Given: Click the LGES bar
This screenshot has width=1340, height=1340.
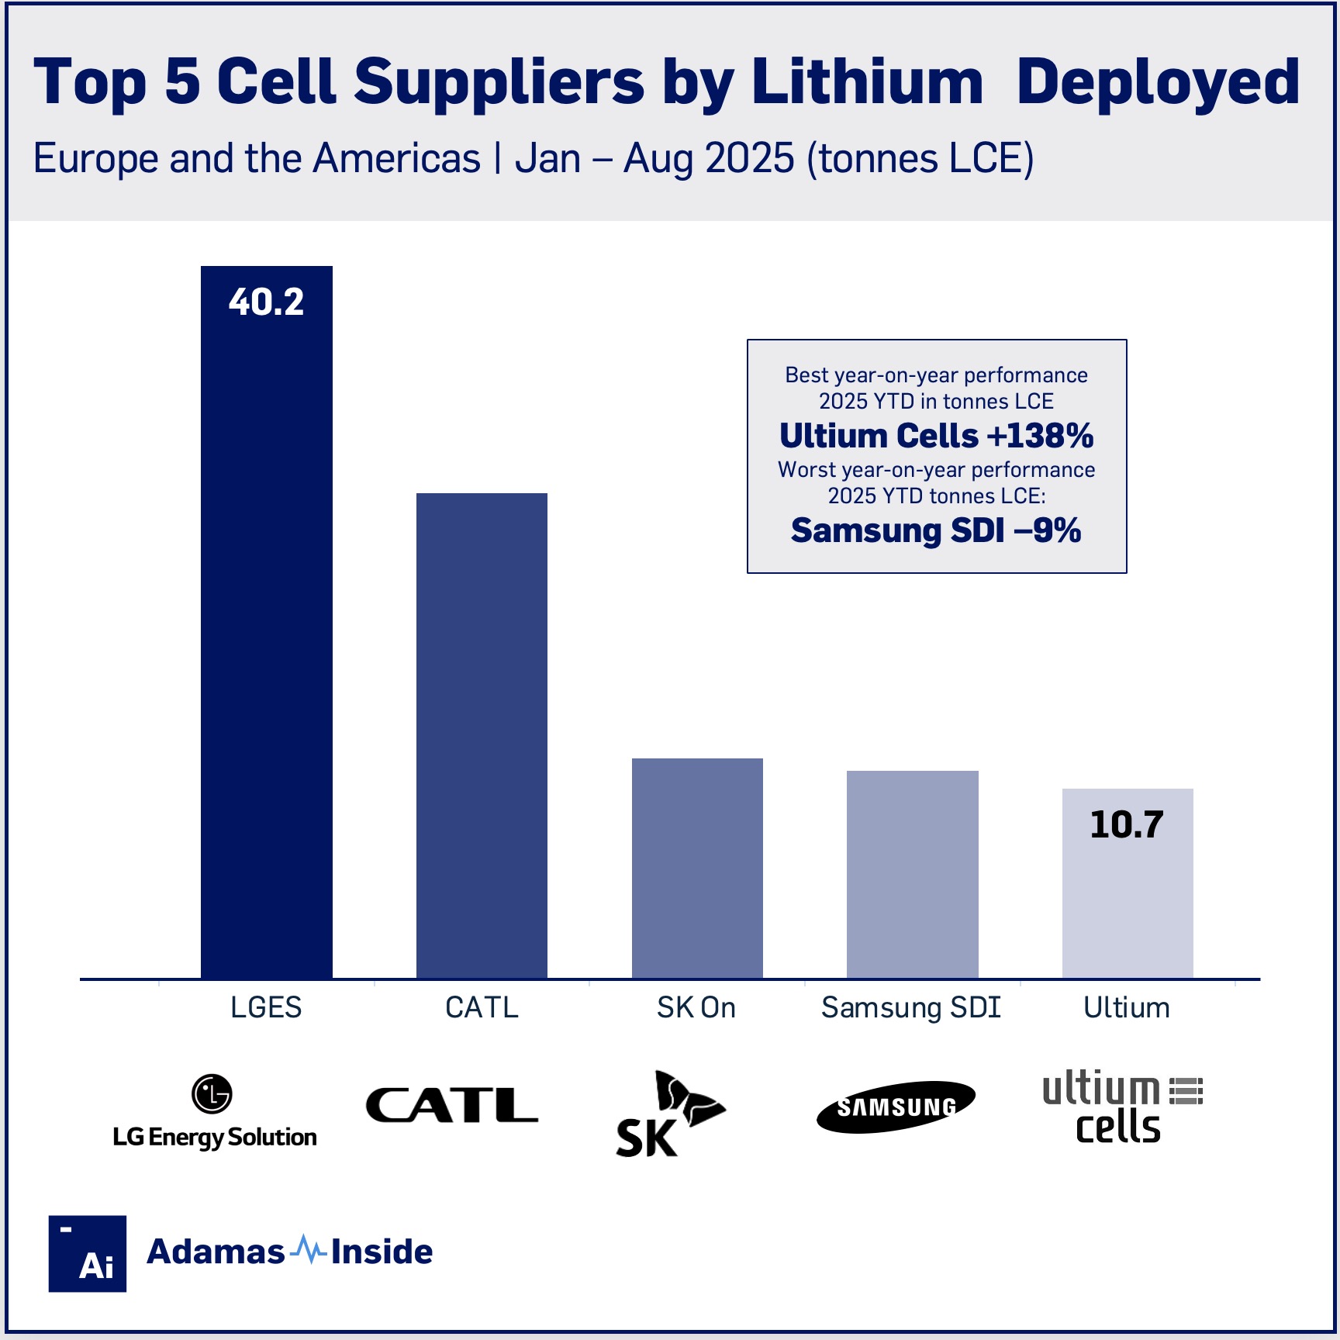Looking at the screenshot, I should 266,636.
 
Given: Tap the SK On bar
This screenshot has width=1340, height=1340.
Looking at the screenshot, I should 697,868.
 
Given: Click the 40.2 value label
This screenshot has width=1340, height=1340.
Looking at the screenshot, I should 266,302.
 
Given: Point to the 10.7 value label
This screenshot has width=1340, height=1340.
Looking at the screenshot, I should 1126,824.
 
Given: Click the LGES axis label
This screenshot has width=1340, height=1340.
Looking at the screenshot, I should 266,1007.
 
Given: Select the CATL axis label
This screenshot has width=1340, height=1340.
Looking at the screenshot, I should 482,1007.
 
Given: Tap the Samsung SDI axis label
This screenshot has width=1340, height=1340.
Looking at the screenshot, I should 911,1007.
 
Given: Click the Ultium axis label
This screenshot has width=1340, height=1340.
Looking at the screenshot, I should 1126,1007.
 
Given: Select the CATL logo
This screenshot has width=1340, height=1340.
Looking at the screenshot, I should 452,1105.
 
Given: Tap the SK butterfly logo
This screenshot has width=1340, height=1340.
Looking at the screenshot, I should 670,1114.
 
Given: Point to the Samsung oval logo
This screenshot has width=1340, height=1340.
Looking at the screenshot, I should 896,1107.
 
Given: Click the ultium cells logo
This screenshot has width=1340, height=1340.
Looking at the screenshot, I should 1121,1107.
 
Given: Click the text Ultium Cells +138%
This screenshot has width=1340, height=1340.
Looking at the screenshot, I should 936,436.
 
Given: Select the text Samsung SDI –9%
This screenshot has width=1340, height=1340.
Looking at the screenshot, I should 936,531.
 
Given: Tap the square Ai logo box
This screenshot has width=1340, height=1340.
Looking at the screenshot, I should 88,1253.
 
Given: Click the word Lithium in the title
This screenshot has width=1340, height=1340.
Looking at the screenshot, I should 868,81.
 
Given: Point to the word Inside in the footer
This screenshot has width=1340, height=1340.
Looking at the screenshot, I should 382,1252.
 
